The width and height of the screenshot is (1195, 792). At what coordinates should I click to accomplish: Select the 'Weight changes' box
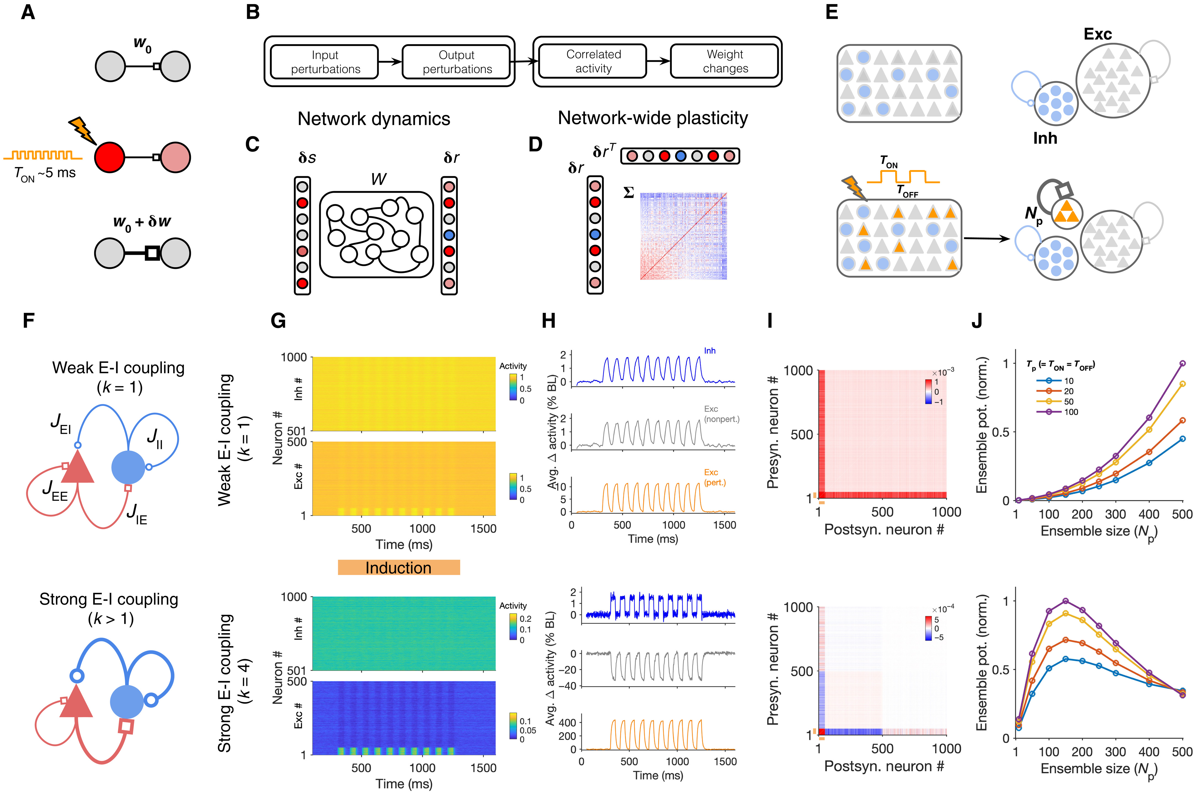click(724, 61)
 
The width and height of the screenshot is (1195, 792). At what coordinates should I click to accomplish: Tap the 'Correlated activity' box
click(593, 61)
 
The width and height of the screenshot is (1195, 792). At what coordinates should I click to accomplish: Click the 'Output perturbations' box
click(456, 61)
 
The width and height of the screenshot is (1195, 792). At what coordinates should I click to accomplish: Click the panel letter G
click(278, 320)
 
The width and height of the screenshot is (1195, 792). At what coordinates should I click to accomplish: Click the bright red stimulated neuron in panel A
click(109, 157)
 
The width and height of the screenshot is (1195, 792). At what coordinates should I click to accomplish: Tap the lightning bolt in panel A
click(83, 130)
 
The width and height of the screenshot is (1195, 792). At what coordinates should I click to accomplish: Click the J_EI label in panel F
click(61, 423)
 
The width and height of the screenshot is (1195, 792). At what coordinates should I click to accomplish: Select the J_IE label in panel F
click(136, 514)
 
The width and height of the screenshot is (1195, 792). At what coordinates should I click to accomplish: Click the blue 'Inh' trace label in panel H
click(710, 350)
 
